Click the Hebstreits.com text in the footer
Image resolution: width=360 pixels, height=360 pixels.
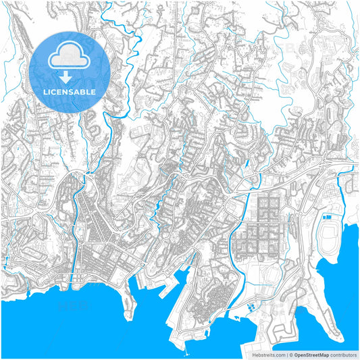tap(266, 354)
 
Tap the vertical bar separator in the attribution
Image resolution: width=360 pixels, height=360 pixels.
tap(286, 354)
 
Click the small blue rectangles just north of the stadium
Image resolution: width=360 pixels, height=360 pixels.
tap(328, 217)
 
